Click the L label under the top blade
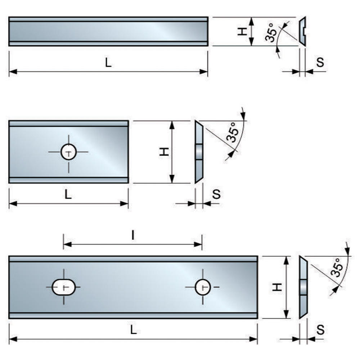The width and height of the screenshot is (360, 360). click(x=108, y=63)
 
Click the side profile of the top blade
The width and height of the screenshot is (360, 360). click(x=302, y=31)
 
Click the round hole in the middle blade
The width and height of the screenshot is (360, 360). click(x=68, y=152)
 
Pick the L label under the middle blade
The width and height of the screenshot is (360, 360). click(x=68, y=194)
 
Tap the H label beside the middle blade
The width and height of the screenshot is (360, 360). click(x=164, y=152)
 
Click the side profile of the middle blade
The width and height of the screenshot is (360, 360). click(x=199, y=152)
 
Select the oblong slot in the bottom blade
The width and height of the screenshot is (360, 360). click(x=64, y=287)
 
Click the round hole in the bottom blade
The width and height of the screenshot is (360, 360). click(x=202, y=287)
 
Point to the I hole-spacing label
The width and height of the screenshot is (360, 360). click(x=133, y=236)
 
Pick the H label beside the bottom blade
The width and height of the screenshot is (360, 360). click(x=276, y=287)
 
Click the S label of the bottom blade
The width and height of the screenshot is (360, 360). click(x=320, y=329)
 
